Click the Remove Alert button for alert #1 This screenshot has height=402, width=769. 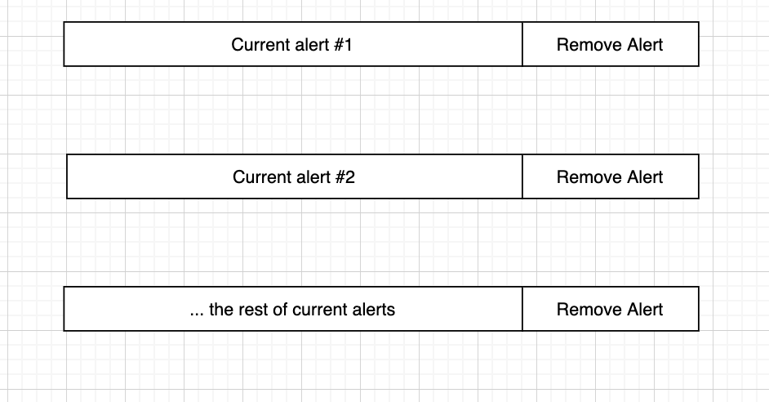(x=610, y=44)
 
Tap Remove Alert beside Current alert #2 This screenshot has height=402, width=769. (x=610, y=176)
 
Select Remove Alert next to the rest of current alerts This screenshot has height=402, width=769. (x=610, y=309)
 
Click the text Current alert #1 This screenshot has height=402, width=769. (x=291, y=44)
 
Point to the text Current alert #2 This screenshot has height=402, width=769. (x=293, y=176)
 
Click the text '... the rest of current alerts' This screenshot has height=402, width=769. (x=291, y=309)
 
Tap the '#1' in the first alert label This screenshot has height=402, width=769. (x=343, y=44)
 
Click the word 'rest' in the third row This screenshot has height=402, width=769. (x=254, y=309)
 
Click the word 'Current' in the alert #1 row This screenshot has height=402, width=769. (x=259, y=44)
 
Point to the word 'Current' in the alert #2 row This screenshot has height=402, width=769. (x=260, y=176)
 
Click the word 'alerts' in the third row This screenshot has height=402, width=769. (x=372, y=309)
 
